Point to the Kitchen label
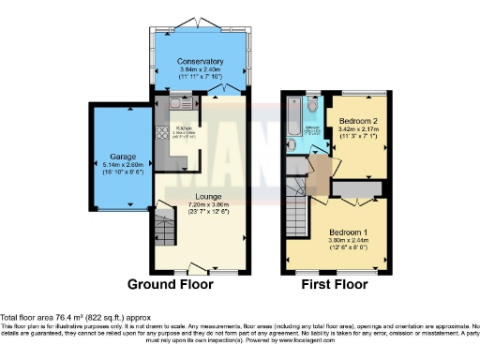point(185,127)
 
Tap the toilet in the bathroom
point(310,103)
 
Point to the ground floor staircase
point(164,230)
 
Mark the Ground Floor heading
point(171,284)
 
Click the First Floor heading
point(335,284)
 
